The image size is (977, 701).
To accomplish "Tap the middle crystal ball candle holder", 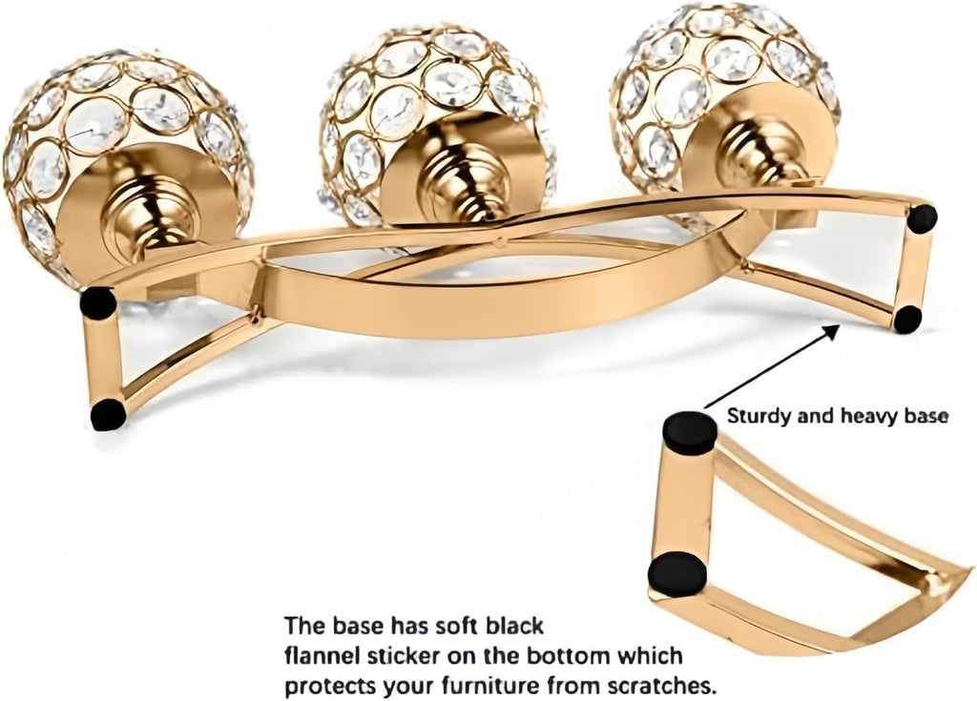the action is [x=436, y=125].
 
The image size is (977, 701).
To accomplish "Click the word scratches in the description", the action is [x=661, y=687].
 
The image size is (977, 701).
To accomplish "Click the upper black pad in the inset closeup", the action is [x=689, y=431].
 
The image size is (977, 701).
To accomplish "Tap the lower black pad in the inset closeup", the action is [x=677, y=574].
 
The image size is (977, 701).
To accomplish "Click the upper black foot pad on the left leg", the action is [x=98, y=303].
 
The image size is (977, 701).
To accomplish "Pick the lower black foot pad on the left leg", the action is [x=109, y=414].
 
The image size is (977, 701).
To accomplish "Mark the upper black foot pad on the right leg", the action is [x=923, y=218].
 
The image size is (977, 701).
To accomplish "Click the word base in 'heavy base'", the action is [x=927, y=416].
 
